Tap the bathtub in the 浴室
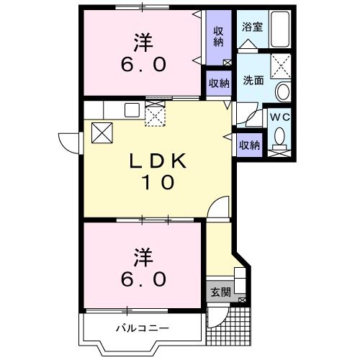(x=278, y=30)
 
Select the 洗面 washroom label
(x=252, y=81)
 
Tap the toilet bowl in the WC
(x=281, y=135)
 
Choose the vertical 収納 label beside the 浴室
(x=218, y=35)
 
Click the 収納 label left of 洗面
(x=219, y=83)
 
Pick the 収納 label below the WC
(x=249, y=145)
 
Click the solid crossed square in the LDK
(x=102, y=133)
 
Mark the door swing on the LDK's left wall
(x=69, y=143)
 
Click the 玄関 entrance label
(x=221, y=292)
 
